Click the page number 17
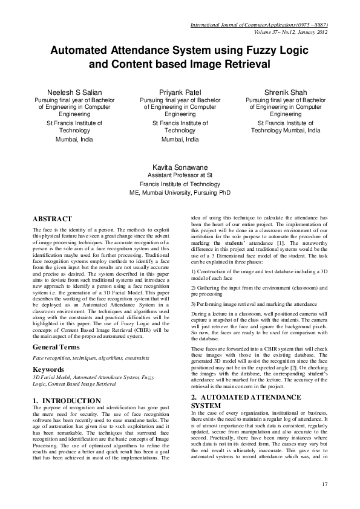[x=324, y=483]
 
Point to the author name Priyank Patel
[x=180, y=92]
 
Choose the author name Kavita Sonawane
[x=180, y=166]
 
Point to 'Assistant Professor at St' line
[x=180, y=175]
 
